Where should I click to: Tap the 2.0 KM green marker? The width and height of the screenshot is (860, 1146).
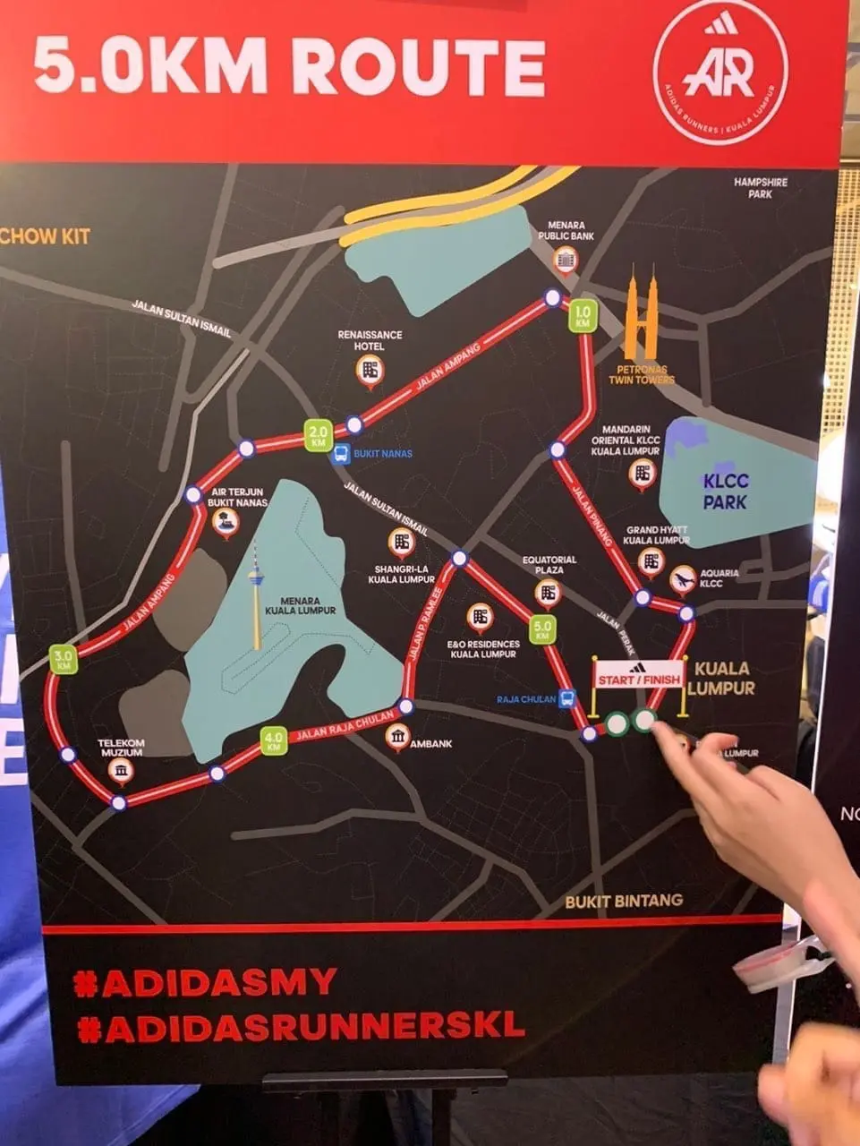tap(319, 436)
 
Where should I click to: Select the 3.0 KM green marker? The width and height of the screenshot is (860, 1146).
tap(64, 660)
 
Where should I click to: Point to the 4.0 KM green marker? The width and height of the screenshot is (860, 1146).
tap(273, 741)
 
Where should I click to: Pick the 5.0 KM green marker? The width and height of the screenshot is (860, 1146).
tap(542, 629)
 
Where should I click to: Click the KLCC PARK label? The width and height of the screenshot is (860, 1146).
tap(725, 491)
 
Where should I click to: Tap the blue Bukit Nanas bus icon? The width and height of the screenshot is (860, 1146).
tap(341, 454)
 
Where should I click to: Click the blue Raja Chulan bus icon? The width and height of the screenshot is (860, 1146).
tap(566, 699)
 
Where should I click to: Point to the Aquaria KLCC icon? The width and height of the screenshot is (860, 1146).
tap(683, 579)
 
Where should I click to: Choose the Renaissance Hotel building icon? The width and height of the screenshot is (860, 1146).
tap(370, 370)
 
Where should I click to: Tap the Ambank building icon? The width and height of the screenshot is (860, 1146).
tap(398, 737)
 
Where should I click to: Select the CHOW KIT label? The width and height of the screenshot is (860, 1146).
tap(45, 237)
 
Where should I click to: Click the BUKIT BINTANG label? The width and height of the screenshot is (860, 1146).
tap(623, 901)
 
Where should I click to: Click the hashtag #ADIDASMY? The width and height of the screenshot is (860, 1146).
tap(206, 982)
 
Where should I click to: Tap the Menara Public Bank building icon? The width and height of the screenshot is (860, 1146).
tap(566, 261)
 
